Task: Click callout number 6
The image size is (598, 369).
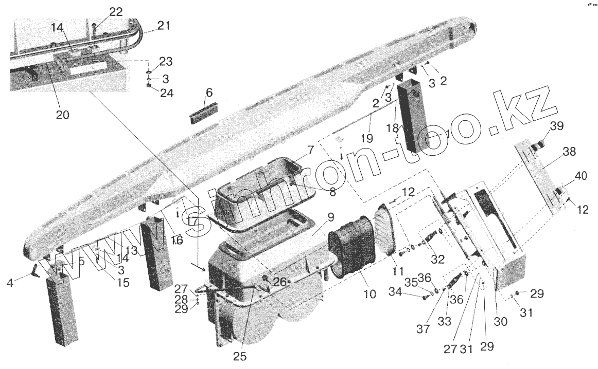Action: [x=208, y=93]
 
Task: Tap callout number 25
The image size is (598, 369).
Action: [x=239, y=356]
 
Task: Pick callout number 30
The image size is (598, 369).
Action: [x=501, y=322]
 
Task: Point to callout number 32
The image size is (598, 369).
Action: [x=438, y=260]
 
